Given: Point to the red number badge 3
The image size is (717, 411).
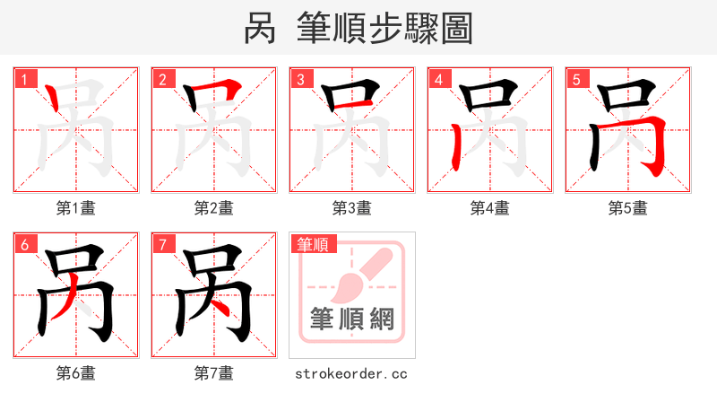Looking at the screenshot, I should [301, 80].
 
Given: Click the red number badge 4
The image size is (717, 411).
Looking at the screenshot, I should [439, 80].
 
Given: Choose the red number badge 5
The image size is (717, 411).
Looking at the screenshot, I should [577, 80].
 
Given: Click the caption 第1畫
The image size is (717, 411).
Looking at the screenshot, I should [76, 208].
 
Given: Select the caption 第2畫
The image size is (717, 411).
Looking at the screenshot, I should [214, 208].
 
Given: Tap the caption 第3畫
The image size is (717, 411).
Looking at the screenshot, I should [352, 208].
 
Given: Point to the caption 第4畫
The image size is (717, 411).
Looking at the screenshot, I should [490, 208].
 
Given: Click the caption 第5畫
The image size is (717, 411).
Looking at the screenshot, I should [628, 208].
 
